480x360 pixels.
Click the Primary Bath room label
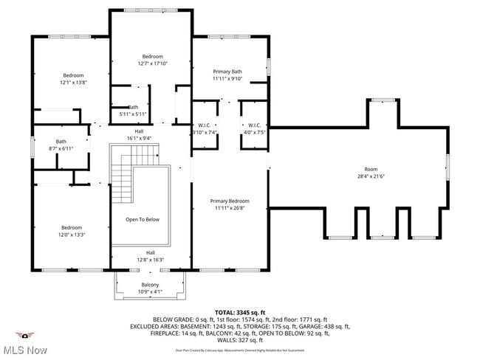click(227, 71)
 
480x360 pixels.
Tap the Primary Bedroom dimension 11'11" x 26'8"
click(229, 208)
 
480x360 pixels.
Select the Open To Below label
click(142, 219)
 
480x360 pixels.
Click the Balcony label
click(150, 285)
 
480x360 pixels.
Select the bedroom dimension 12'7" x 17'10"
click(152, 63)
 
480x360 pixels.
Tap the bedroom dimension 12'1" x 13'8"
click(74, 83)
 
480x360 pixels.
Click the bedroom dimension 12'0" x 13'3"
click(72, 235)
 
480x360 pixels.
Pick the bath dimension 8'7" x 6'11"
click(61, 148)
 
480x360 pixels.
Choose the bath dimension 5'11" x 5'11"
click(133, 114)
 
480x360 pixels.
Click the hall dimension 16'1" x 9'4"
click(139, 138)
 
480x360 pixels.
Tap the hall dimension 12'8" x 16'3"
click(150, 260)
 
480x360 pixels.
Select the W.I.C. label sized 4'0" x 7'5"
click(253, 132)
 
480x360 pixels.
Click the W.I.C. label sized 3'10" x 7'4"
click(204, 132)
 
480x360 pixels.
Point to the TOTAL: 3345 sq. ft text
click(239, 312)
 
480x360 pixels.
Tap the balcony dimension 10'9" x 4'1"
click(150, 291)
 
